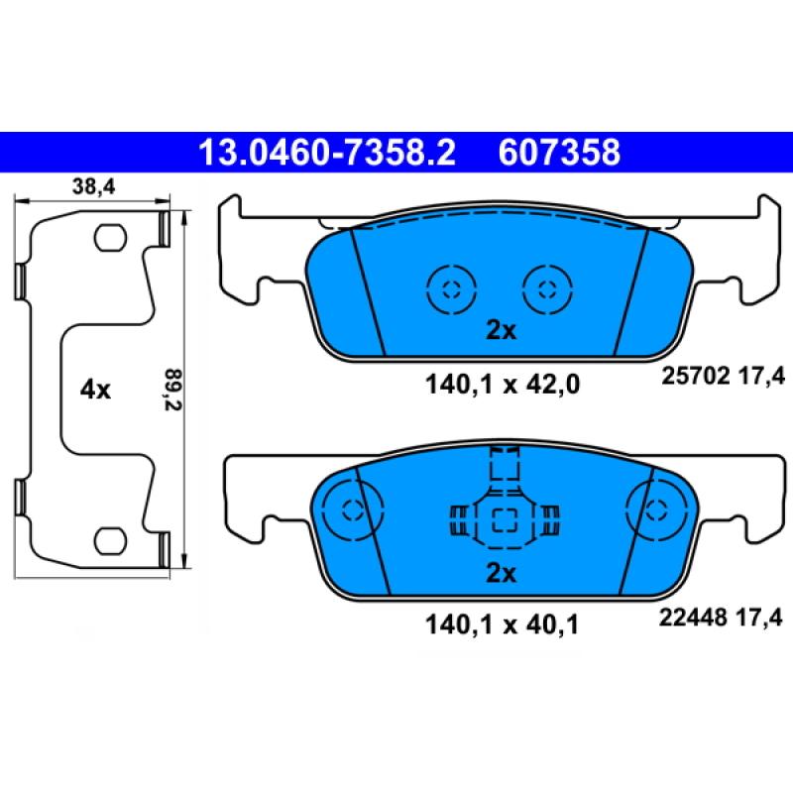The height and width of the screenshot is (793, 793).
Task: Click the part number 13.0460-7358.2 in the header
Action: pyautogui.click(x=327, y=153)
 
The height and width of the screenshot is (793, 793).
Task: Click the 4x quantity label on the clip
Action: pyautogui.click(x=96, y=390)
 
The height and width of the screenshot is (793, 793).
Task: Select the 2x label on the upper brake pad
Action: pyautogui.click(x=501, y=331)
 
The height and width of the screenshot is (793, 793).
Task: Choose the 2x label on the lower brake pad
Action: pyautogui.click(x=502, y=573)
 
